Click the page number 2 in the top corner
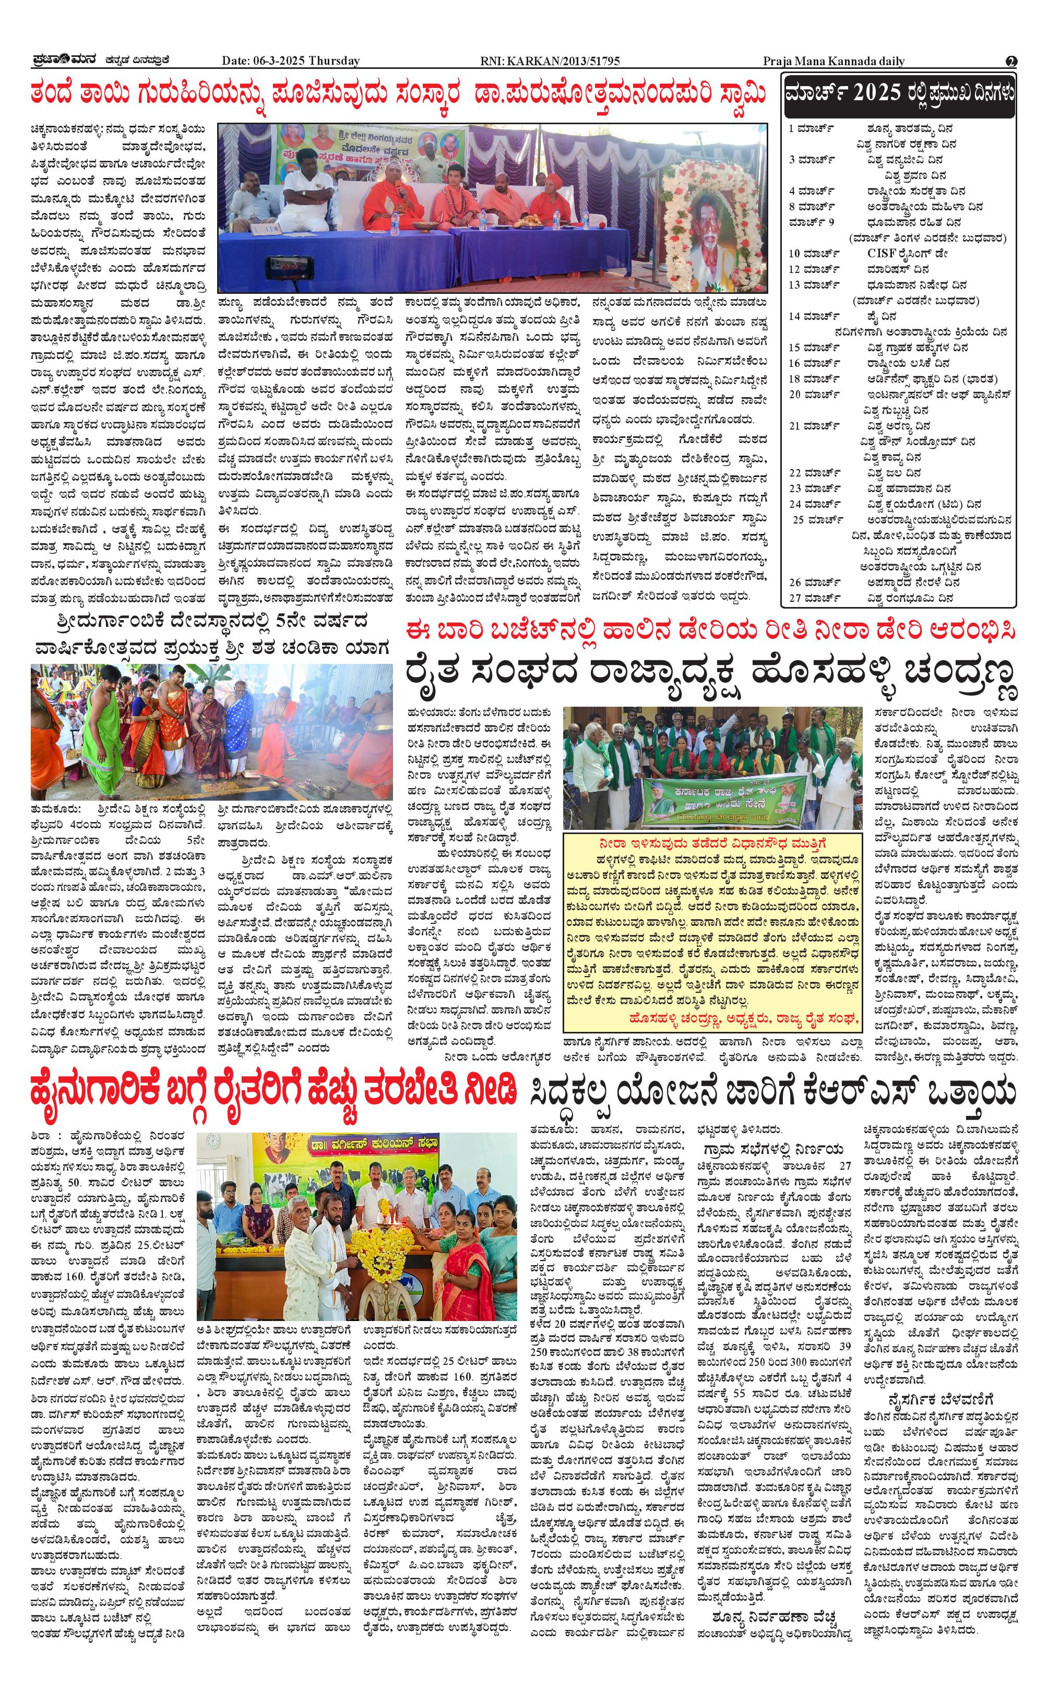pos(1011,61)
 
